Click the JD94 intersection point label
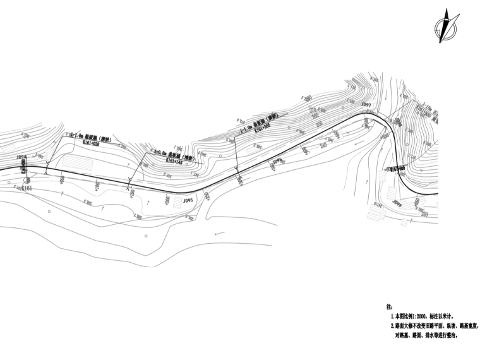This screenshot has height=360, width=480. (x=21, y=158)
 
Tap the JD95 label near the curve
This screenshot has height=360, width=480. (x=188, y=200)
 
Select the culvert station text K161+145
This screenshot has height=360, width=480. (x=174, y=161)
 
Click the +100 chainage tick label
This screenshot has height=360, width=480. (x=97, y=186)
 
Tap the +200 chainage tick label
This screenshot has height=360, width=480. (x=167, y=200)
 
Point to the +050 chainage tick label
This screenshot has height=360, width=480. (x=62, y=180)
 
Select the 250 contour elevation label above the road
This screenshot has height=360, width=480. (x=319, y=124)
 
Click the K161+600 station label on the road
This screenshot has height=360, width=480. (x=397, y=169)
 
